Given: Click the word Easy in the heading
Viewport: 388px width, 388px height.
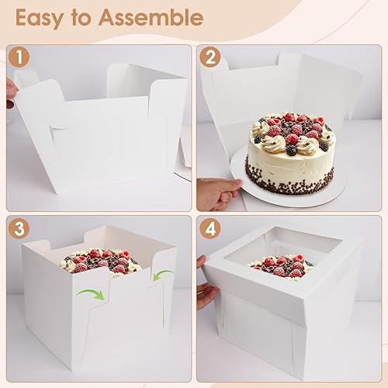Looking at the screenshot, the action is (40, 18).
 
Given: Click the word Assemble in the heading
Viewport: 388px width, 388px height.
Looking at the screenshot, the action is (151, 17).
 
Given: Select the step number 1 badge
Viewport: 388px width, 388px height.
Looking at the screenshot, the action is (19, 57).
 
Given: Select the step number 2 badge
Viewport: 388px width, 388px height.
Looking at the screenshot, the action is (210, 57).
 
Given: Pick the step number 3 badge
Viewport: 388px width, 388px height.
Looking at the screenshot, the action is (19, 228).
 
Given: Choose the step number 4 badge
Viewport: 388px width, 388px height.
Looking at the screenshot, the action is (210, 228).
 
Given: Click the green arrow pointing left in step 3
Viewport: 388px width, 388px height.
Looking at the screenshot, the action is (161, 274).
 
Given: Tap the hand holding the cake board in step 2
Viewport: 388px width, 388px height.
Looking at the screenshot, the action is (219, 191).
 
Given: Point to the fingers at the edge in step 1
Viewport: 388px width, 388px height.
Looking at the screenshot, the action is (12, 93).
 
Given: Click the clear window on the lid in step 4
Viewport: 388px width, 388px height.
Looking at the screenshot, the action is (282, 250).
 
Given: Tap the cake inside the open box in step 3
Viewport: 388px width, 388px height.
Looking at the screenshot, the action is (101, 262).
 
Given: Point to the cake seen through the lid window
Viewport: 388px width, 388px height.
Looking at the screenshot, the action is (282, 266).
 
